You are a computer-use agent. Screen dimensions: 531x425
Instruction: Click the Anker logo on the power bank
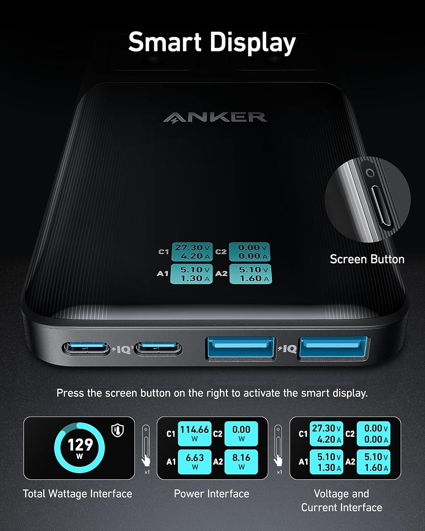(x=215, y=117)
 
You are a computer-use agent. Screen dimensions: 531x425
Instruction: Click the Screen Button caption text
(x=367, y=259)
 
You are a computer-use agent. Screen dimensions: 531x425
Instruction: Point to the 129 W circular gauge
(x=79, y=448)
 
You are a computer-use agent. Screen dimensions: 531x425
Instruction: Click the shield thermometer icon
(x=117, y=430)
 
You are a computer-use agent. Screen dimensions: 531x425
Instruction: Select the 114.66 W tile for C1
(x=194, y=434)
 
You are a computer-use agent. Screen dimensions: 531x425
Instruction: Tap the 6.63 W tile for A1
(x=194, y=462)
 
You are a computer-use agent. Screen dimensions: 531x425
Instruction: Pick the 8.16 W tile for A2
(x=241, y=462)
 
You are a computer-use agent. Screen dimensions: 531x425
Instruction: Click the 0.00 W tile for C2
(x=241, y=434)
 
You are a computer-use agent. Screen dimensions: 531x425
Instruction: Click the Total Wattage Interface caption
(x=77, y=493)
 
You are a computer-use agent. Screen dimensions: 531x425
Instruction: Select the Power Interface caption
(x=211, y=493)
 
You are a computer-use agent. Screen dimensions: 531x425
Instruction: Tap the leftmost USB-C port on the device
(x=86, y=349)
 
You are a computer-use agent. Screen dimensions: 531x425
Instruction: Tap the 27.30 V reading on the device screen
(x=192, y=247)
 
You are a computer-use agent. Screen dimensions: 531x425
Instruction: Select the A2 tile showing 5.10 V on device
(x=250, y=274)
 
